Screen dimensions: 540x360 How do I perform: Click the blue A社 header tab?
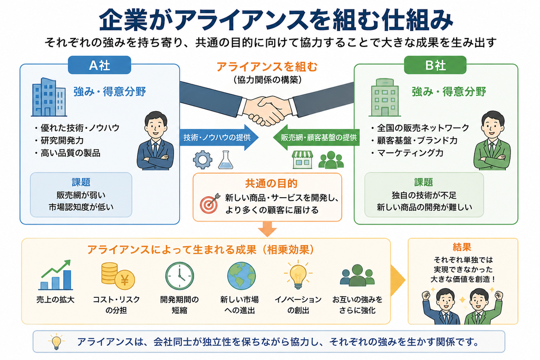(x=100, y=65)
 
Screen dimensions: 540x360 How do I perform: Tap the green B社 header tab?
(x=435, y=65)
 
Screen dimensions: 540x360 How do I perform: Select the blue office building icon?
(x=49, y=97)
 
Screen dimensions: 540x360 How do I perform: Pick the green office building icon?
(x=384, y=98)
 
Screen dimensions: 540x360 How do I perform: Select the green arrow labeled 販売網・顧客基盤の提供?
(x=316, y=138)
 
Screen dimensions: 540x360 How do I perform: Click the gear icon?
(x=202, y=160)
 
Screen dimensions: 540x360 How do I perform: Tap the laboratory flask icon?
(x=226, y=160)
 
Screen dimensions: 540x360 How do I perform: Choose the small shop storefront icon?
(x=302, y=160)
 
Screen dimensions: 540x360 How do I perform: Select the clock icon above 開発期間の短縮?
(x=179, y=276)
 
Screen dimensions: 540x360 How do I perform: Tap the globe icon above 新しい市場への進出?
(x=242, y=276)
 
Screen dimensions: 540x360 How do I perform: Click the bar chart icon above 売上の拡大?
(x=56, y=275)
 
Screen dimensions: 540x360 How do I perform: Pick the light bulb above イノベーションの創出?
(x=298, y=274)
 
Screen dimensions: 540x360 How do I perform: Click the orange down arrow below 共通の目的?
(x=267, y=229)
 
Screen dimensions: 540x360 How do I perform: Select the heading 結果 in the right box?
(x=462, y=247)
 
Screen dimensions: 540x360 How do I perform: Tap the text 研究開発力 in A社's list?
(x=62, y=140)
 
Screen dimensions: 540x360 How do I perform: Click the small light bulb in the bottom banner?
(x=56, y=342)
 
